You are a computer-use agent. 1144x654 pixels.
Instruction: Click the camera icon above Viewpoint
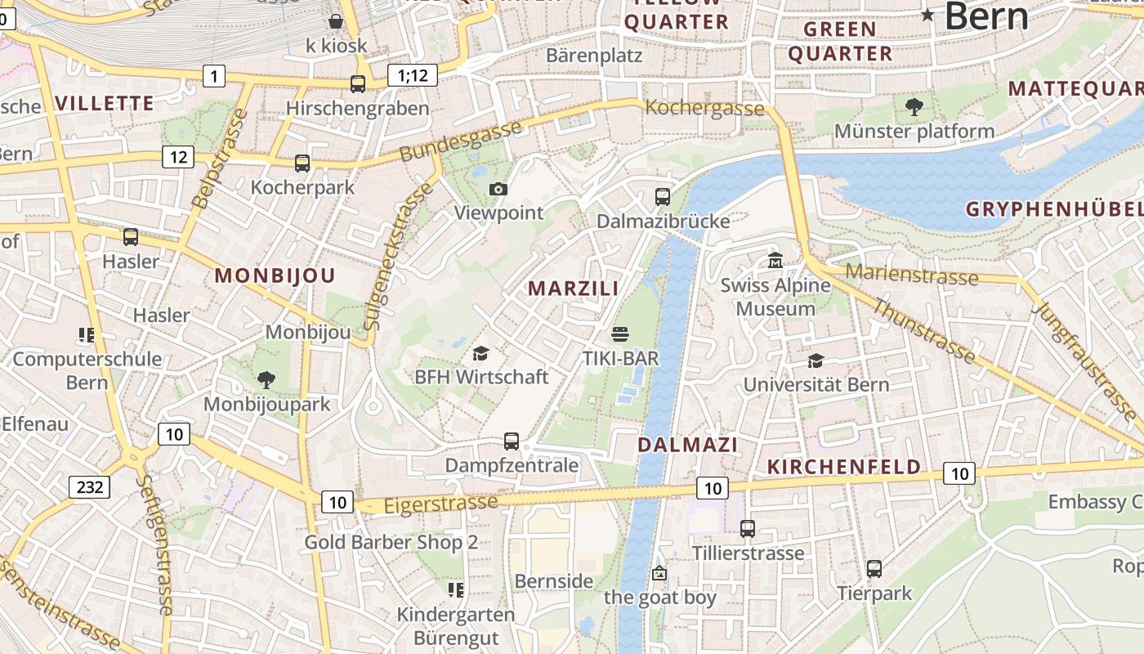click(x=498, y=190)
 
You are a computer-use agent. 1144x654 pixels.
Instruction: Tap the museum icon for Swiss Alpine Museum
click(x=775, y=261)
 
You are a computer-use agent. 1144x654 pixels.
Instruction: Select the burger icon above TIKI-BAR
click(x=620, y=334)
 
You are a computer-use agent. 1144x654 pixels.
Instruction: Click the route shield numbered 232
click(x=90, y=487)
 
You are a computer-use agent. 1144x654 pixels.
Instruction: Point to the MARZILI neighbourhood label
click(x=573, y=289)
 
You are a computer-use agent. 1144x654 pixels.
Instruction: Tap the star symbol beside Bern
click(x=927, y=15)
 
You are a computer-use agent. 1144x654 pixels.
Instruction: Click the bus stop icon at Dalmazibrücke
click(x=662, y=196)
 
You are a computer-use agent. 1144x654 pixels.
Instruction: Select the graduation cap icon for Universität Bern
click(x=815, y=361)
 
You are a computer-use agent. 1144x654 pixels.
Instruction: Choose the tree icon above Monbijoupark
click(x=266, y=379)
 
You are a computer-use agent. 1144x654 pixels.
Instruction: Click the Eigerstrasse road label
click(x=440, y=504)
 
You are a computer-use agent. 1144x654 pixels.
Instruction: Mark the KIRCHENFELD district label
click(x=844, y=467)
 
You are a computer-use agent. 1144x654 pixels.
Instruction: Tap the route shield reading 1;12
click(x=413, y=76)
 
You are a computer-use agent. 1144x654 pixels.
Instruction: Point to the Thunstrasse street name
click(x=923, y=331)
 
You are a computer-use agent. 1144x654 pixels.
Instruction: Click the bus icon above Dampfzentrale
click(x=512, y=441)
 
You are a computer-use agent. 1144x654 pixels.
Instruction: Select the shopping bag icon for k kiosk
click(x=335, y=21)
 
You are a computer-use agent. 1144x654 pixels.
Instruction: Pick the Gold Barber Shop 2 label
click(x=391, y=542)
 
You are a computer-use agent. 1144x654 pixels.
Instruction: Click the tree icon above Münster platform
click(x=914, y=106)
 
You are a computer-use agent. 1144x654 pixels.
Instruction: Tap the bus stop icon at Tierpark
click(x=874, y=568)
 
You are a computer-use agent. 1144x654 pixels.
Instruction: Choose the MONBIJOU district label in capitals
click(x=275, y=276)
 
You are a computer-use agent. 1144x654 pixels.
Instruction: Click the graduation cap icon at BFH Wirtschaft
click(x=480, y=353)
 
